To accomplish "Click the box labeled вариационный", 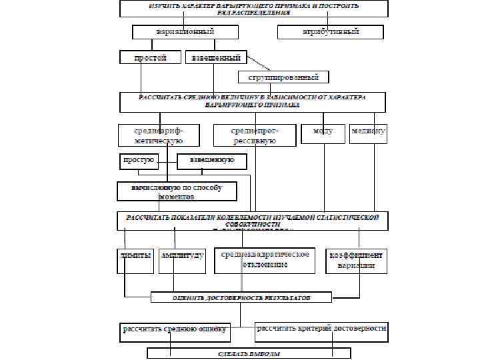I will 185,31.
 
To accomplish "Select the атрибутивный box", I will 331,31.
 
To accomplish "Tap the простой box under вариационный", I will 151,58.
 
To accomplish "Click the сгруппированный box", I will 284,77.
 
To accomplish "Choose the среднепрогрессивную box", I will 255,135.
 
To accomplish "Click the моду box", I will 323,132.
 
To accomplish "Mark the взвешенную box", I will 211,161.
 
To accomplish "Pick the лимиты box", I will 135,261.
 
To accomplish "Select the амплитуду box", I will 182,261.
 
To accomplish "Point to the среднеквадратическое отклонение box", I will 263,261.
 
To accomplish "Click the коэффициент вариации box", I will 355,261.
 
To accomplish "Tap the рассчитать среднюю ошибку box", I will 175,329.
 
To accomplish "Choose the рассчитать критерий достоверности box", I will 321,329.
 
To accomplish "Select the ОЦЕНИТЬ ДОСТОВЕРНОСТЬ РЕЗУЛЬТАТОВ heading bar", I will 241,297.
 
